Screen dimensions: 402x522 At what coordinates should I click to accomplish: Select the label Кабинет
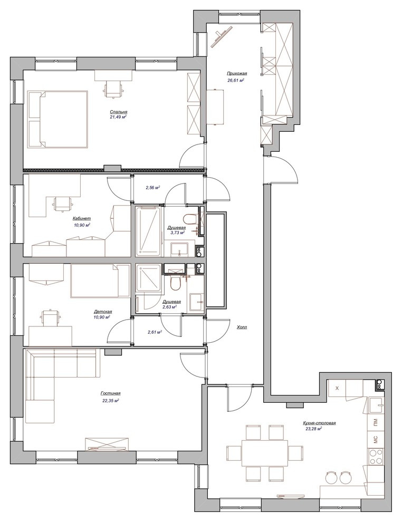[x=82, y=219]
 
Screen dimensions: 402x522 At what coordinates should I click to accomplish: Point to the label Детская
[x=102, y=312]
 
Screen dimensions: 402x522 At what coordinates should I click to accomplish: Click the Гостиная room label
[x=111, y=393]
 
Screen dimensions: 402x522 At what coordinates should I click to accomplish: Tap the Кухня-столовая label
[x=319, y=423]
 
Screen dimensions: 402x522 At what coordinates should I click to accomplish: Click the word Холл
[x=242, y=327]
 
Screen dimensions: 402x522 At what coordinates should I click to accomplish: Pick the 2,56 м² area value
[x=153, y=187]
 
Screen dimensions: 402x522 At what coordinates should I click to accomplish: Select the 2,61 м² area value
[x=155, y=332]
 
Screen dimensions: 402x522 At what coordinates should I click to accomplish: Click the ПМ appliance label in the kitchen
[x=376, y=422]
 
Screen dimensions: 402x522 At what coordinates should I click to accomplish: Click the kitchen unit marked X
[x=337, y=388]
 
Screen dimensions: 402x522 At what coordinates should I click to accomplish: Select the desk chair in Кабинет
[x=62, y=204]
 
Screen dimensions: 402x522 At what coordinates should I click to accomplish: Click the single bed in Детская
[x=100, y=281]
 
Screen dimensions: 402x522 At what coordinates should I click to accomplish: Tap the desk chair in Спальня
[x=113, y=89]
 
